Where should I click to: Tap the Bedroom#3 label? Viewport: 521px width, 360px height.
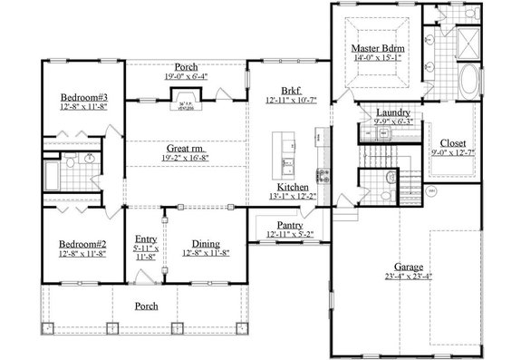pyautogui.click(x=84, y=98)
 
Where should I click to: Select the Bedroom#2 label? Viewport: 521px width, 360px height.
pyautogui.click(x=83, y=245)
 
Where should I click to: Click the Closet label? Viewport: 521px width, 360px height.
pyautogui.click(x=453, y=143)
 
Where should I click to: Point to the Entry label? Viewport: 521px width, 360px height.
pyautogui.click(x=146, y=238)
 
